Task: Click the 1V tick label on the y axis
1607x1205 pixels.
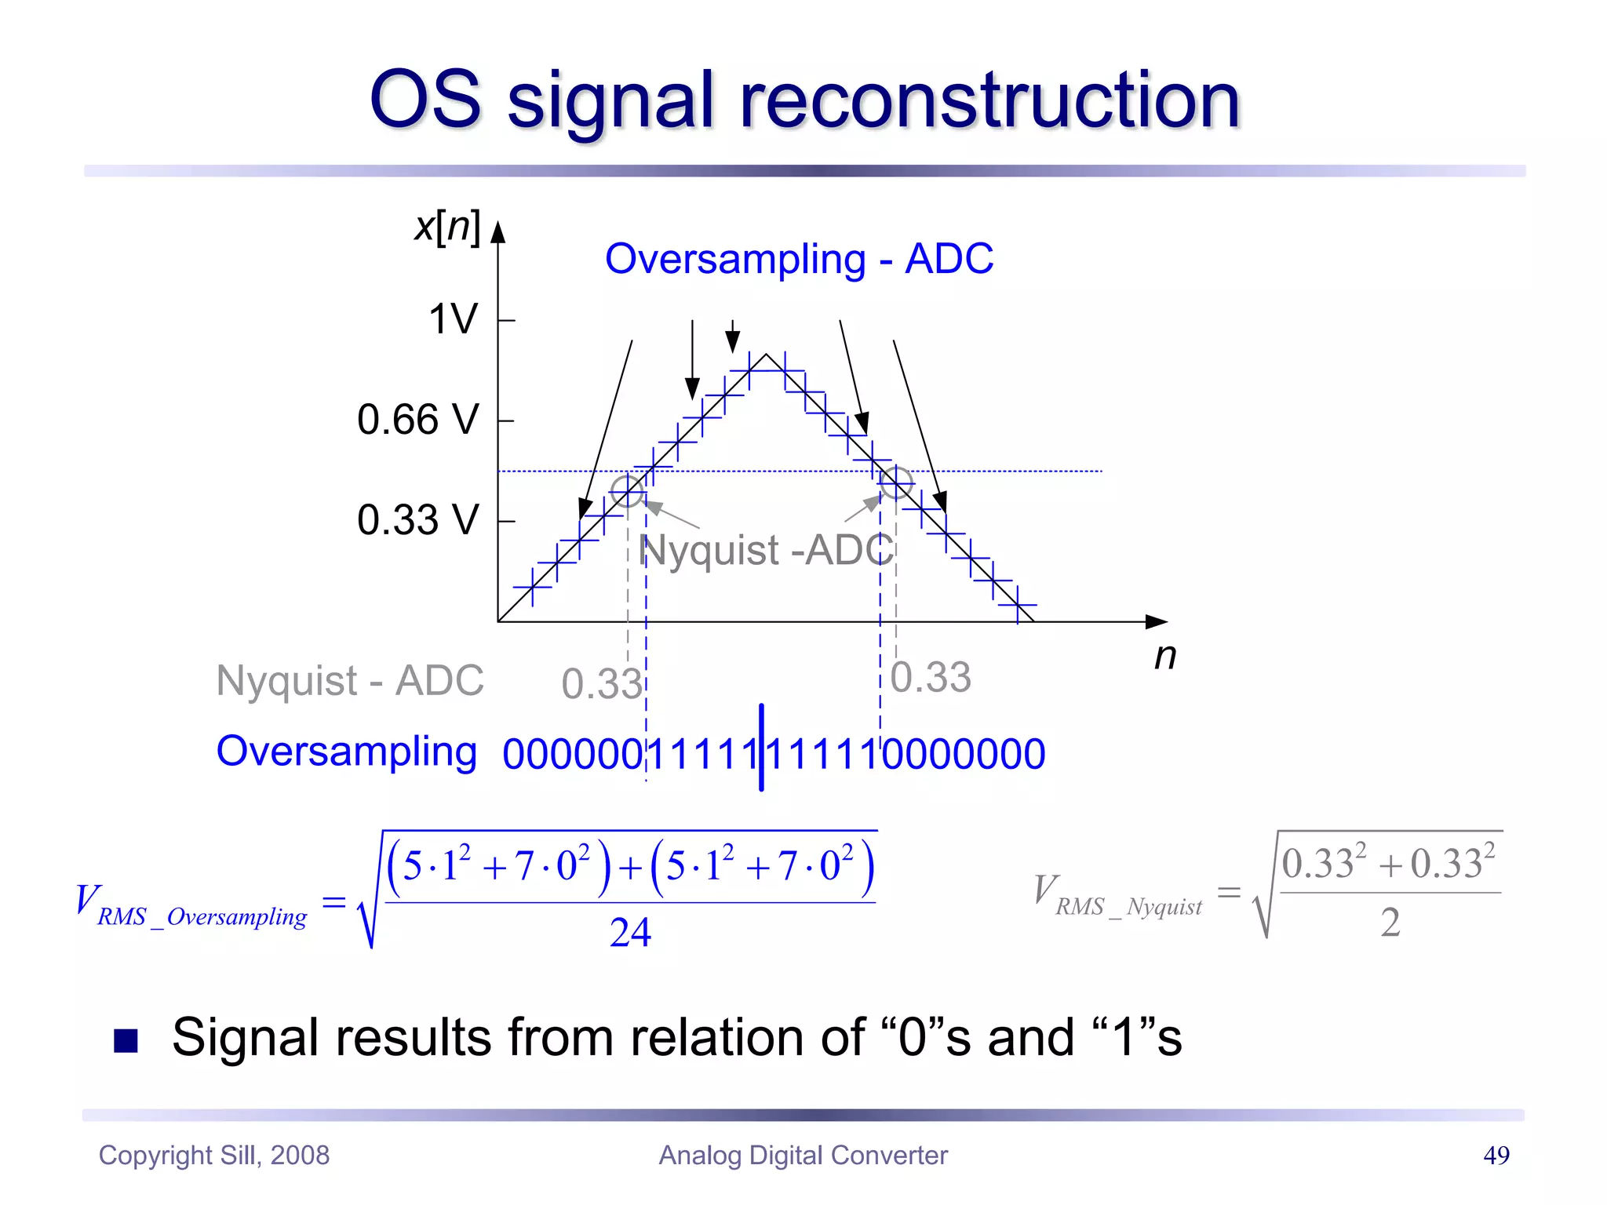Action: (x=453, y=319)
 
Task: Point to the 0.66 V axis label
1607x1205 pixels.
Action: (x=417, y=419)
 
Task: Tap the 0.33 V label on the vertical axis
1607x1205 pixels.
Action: (x=417, y=519)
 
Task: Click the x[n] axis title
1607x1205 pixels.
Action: (x=447, y=228)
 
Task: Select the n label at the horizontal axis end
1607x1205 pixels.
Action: (x=1165, y=656)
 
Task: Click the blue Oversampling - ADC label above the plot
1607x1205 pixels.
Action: (x=799, y=259)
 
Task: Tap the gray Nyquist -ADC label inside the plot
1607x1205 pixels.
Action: (x=767, y=550)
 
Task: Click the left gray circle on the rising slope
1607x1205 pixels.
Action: (x=627, y=491)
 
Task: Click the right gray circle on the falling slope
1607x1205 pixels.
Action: (x=896, y=482)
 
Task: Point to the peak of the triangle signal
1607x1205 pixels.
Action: (x=767, y=355)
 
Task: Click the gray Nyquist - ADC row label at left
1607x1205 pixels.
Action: (x=350, y=680)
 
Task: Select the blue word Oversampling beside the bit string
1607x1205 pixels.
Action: (x=346, y=752)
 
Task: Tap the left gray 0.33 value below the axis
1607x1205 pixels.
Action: (x=602, y=683)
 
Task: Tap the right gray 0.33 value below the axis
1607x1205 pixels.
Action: (x=931, y=677)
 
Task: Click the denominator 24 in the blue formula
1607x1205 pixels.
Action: (x=630, y=933)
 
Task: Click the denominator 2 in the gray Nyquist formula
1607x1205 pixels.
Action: (x=1390, y=922)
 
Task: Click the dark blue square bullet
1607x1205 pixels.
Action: (x=126, y=1040)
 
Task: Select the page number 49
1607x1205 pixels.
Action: (x=1496, y=1155)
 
